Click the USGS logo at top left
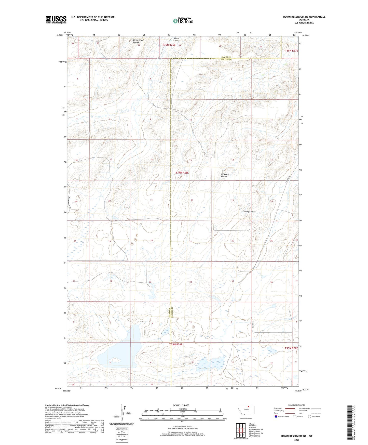coord(56,20)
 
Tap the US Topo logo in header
coord(183,21)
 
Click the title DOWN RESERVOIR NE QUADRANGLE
coord(304,17)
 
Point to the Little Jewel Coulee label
coord(138,41)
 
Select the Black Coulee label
coord(176,40)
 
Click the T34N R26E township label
coord(182,173)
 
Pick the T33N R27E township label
coord(291,348)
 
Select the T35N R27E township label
coord(291,51)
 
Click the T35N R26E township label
coord(169,45)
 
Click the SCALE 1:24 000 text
coord(181,405)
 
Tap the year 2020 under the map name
coord(296,440)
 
